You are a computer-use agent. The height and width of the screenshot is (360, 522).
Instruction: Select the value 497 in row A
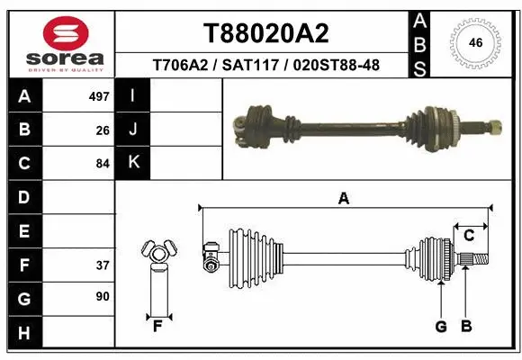(99, 95)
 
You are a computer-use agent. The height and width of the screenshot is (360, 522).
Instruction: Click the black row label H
(23, 334)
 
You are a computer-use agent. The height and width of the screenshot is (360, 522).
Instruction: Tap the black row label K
(133, 163)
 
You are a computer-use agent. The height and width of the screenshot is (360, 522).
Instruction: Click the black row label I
(133, 95)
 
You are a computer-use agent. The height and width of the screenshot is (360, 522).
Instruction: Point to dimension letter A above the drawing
(343, 199)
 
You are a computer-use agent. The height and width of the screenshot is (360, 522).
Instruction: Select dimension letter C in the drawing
(469, 236)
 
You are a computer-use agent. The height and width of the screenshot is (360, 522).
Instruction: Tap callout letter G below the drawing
(441, 326)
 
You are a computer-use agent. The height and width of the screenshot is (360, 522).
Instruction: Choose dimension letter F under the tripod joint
(157, 326)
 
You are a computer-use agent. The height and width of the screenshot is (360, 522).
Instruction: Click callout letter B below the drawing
(465, 326)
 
